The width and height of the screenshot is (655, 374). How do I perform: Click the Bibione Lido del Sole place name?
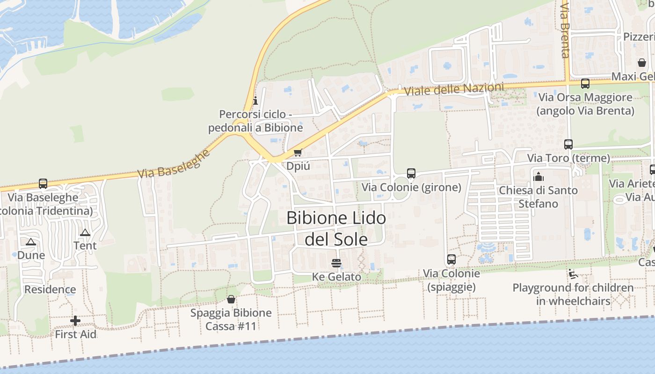(336, 229)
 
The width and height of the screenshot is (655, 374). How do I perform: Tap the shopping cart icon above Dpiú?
(298, 152)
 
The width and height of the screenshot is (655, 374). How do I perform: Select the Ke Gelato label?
(336, 277)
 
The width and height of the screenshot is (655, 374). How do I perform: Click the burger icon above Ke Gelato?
(336, 263)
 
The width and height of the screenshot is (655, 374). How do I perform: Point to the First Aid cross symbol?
(75, 321)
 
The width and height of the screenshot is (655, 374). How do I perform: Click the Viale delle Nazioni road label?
(454, 89)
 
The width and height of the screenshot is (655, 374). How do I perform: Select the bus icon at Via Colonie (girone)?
(411, 173)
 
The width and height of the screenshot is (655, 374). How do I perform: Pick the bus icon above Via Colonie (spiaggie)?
(451, 259)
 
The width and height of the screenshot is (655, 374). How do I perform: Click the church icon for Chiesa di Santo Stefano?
(539, 177)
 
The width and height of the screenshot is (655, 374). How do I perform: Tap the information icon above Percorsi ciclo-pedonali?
(255, 101)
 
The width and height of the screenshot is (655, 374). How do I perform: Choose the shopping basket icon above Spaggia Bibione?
(231, 299)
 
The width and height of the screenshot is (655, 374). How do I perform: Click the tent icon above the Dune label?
(31, 242)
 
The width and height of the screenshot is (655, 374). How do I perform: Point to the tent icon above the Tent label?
(85, 233)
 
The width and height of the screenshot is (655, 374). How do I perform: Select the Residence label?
(50, 289)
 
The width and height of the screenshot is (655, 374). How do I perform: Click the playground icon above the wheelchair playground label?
(573, 274)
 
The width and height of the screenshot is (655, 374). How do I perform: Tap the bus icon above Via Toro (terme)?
(568, 144)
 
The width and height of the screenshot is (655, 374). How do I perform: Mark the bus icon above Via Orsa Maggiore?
(585, 84)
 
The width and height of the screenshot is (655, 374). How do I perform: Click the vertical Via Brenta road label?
(565, 30)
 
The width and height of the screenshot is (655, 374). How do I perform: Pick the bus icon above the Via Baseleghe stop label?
(43, 184)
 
